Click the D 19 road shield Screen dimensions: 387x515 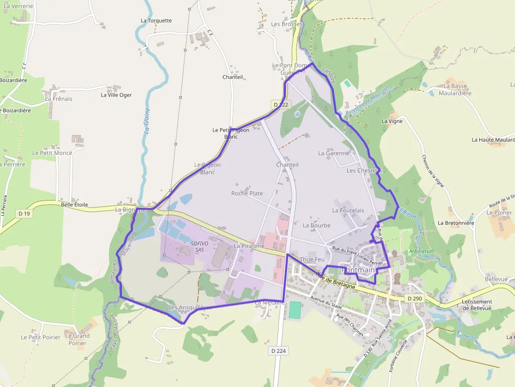(24, 213)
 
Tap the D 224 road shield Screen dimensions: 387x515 (280, 350)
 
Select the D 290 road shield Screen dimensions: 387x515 (415, 298)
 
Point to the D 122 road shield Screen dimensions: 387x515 (281, 104)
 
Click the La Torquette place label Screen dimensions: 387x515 (156, 21)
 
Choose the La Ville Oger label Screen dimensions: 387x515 (116, 95)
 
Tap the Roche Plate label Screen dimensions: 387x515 (247, 193)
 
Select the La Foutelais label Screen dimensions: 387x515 (348, 210)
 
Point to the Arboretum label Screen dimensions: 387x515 (421, 251)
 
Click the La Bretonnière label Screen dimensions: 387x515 (456, 223)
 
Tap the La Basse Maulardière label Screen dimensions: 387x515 (457, 89)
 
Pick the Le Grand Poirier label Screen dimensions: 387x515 (77, 339)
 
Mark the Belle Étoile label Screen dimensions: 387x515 (75, 205)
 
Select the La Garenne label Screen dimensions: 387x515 (334, 153)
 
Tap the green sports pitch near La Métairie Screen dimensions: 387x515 (295, 309)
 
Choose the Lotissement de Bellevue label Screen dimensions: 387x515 (476, 305)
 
